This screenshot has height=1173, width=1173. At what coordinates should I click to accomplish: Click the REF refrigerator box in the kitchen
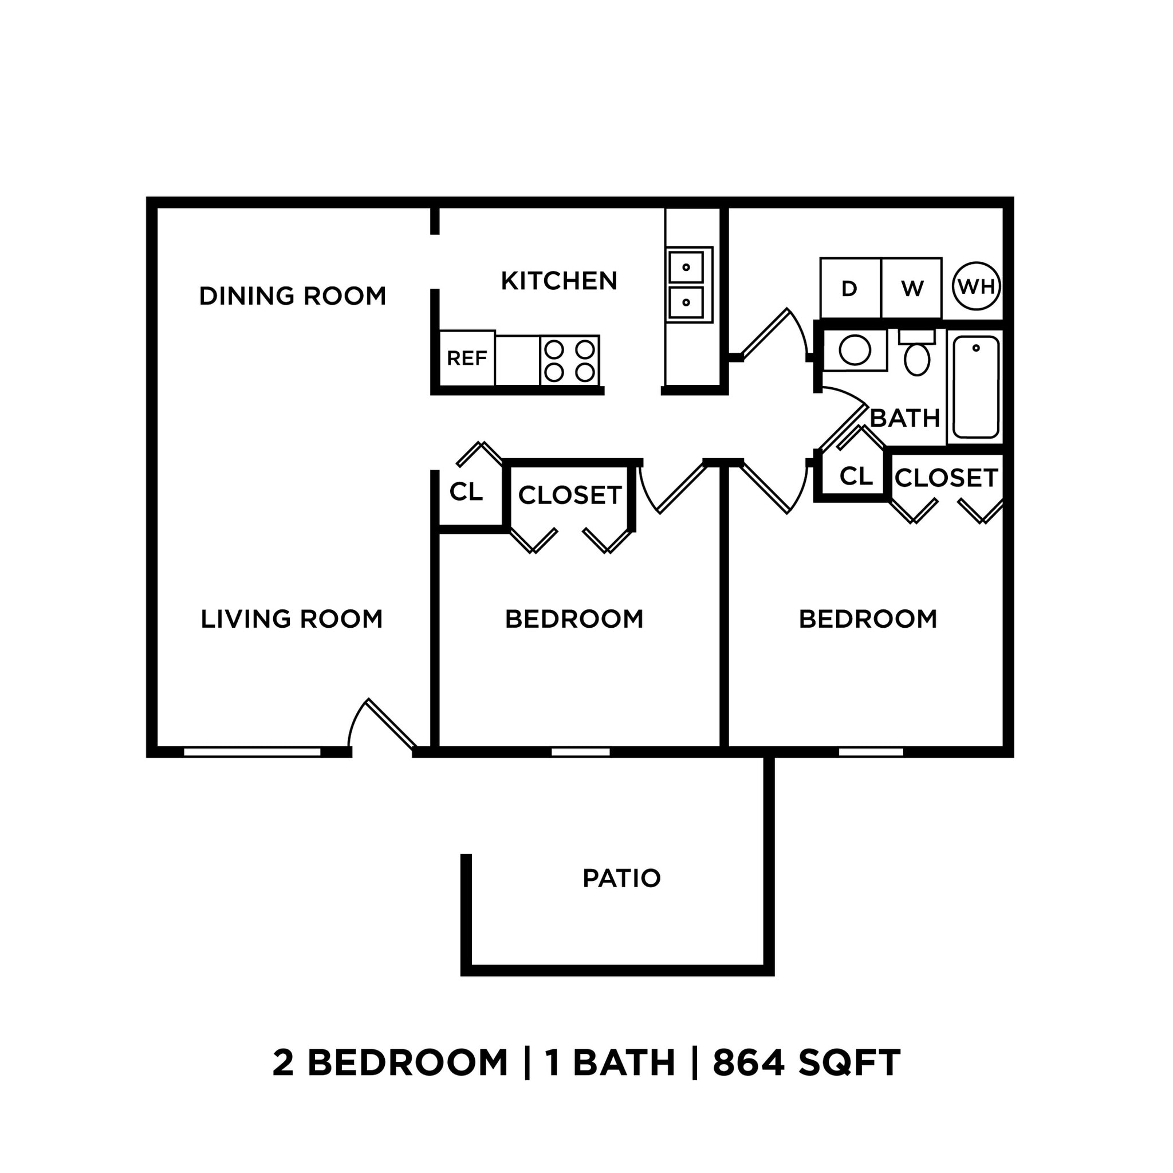point(466,358)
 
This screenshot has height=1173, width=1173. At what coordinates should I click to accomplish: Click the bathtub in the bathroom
point(975,387)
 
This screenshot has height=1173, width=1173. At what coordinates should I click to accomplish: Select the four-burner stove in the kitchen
point(569,360)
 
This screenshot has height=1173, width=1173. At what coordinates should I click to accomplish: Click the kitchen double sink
point(688,285)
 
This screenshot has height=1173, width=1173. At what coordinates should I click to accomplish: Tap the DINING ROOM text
point(292,296)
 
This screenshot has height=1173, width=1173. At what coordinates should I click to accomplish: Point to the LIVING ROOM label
point(292,619)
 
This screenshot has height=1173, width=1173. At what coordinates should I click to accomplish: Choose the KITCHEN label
point(558,281)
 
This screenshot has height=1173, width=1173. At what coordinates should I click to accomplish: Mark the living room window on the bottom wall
point(252,752)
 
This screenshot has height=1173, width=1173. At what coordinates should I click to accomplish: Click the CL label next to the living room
point(466,492)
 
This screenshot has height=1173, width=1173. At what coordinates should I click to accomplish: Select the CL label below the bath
point(856,477)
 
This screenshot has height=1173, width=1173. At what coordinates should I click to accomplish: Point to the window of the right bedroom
point(871,752)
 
